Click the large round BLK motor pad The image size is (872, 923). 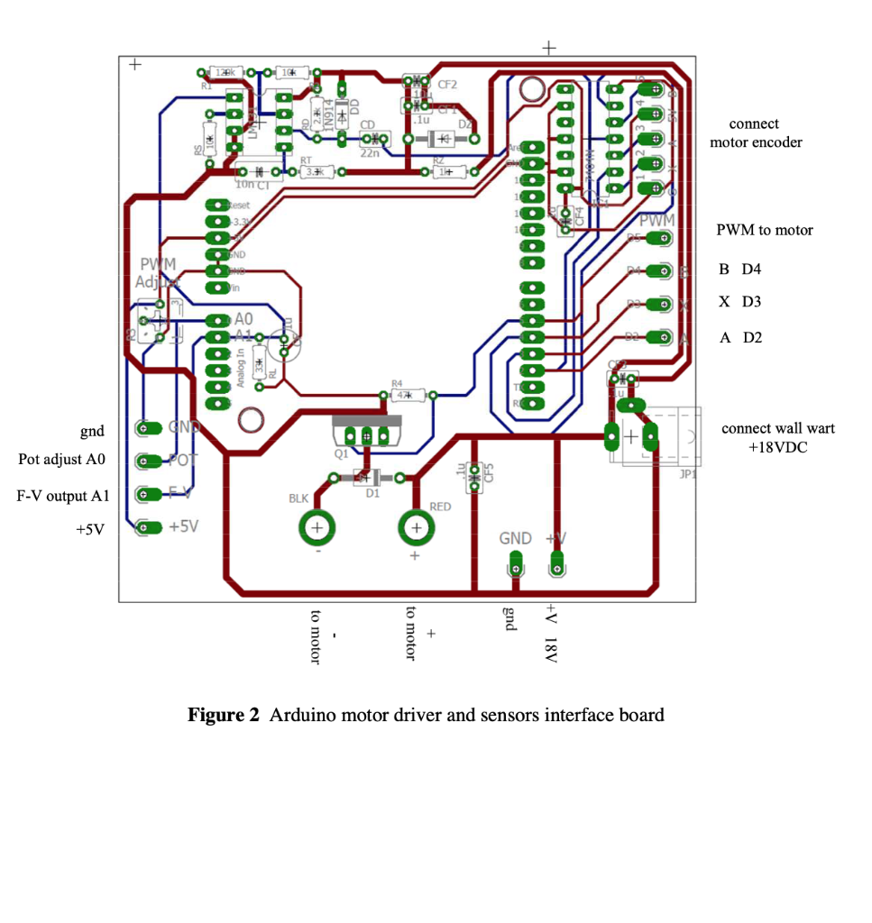coord(317,527)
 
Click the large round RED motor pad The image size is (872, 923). coord(416,527)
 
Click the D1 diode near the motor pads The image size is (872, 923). coord(369,478)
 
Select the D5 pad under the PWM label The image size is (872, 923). coord(662,238)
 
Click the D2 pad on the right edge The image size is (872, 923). coord(662,337)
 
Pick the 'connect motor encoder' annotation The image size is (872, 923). coord(755,133)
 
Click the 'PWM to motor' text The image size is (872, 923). coord(764,231)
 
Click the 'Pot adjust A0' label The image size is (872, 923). coord(62,460)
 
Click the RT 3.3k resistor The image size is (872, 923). coord(314,171)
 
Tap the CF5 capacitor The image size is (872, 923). coord(473,476)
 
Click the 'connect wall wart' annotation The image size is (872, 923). coord(777,428)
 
